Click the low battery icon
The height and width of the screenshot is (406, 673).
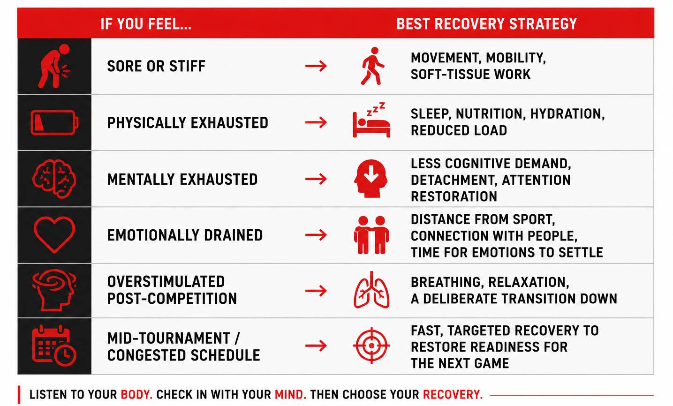[54, 122]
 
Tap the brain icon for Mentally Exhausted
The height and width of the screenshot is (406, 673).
[54, 179]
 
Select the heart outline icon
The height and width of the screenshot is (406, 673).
[54, 222]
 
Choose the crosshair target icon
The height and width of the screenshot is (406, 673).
[371, 346]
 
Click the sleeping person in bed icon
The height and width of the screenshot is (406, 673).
[371, 120]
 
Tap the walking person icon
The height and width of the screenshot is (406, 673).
[372, 66]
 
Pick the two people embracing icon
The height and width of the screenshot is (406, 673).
[371, 235]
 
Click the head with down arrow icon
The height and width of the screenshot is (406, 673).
[371, 178]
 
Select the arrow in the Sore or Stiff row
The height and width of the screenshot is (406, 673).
[316, 66]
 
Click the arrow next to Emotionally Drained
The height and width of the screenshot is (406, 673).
[316, 235]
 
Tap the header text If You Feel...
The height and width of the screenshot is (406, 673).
[146, 24]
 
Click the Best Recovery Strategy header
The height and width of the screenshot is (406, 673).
[487, 24]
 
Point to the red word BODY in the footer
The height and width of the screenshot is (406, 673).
[136, 395]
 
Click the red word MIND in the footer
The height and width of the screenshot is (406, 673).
[290, 395]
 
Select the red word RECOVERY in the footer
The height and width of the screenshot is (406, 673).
[453, 395]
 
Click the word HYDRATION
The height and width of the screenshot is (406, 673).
[567, 114]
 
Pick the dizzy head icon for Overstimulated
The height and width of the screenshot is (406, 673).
[54, 291]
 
